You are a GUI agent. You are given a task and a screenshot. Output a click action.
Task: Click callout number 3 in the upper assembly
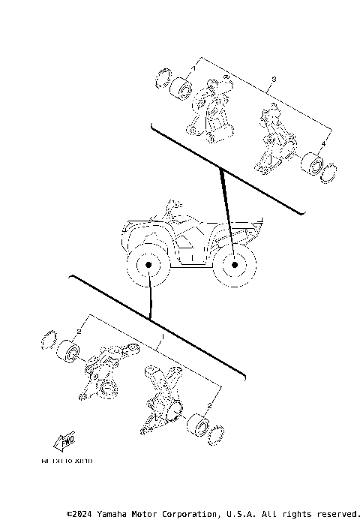coord(274,79)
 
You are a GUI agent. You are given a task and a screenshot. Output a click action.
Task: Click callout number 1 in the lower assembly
coord(158,338)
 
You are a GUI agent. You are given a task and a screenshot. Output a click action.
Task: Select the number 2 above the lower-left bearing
coord(79,331)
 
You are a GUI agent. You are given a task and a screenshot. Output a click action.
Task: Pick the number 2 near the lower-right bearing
coord(210,406)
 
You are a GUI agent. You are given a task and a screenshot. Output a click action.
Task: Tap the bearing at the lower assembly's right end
coord(198,424)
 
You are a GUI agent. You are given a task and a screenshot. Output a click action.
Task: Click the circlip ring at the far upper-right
coord(327,173)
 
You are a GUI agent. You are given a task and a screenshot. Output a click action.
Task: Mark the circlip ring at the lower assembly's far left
coord(51,338)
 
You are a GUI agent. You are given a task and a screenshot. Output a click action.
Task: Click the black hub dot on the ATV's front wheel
coord(148,266)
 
